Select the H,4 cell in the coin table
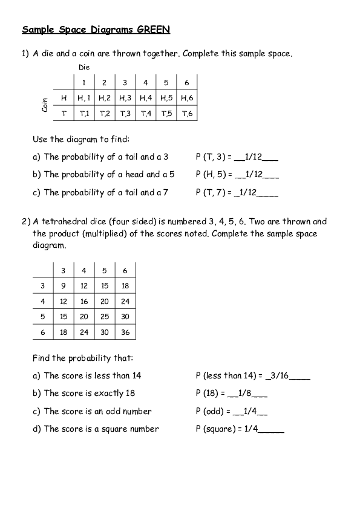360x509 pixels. click(x=146, y=97)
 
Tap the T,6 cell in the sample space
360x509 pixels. click(x=187, y=113)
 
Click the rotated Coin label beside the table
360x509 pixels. click(x=45, y=105)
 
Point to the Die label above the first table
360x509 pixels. click(x=84, y=67)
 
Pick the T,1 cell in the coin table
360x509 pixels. click(x=84, y=113)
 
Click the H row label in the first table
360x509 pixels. click(x=64, y=97)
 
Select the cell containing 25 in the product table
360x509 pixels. click(x=105, y=316)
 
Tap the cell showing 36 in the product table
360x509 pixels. click(x=125, y=332)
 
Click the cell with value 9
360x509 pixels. click(x=64, y=285)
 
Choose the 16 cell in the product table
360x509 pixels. click(x=84, y=301)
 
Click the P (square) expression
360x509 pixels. click(x=217, y=429)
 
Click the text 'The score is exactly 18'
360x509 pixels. click(x=90, y=393)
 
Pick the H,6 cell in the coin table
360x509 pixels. click(x=187, y=97)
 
